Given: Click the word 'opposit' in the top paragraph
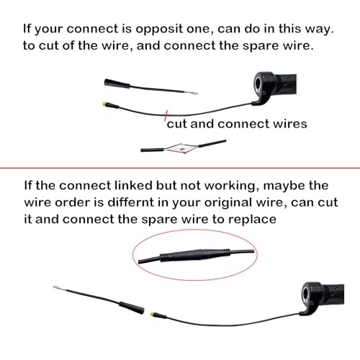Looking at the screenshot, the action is (x=160, y=30).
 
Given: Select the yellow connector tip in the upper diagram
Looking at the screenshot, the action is (x=104, y=104).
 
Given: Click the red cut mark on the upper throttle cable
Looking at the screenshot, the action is (x=166, y=116).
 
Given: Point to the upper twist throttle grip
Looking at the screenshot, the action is (x=275, y=86).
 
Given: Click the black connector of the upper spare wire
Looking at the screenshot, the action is (x=117, y=84).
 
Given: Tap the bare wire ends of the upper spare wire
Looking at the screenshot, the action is (x=192, y=93).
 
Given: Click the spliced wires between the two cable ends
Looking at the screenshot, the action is (x=181, y=148).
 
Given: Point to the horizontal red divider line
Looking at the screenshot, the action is (x=180, y=168).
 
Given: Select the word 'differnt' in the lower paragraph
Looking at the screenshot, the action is (x=130, y=202).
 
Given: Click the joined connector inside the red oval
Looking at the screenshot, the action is (x=195, y=256).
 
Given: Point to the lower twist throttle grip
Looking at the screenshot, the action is (x=323, y=297).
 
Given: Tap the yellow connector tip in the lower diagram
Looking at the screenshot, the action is (x=153, y=314).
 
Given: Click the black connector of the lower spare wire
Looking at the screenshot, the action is (x=132, y=307).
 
